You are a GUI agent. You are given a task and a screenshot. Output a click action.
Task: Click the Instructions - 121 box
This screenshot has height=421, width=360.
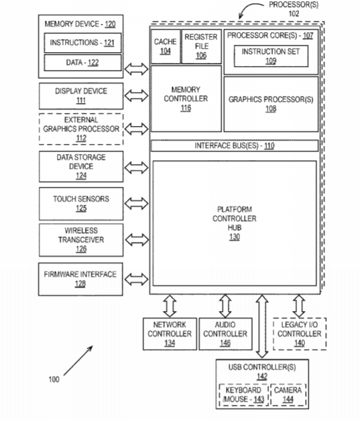(82, 43)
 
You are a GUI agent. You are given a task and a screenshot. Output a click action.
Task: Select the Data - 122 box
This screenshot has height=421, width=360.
(82, 62)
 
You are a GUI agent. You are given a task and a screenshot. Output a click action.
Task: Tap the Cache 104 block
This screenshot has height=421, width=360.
(166, 46)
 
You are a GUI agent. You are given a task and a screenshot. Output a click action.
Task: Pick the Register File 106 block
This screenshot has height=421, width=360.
(201, 46)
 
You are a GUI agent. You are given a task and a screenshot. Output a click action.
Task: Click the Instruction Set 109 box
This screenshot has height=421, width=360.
(271, 56)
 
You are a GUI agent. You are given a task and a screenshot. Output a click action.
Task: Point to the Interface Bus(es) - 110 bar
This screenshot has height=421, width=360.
(235, 145)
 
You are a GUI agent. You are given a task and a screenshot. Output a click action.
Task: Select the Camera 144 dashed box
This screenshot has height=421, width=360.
(288, 395)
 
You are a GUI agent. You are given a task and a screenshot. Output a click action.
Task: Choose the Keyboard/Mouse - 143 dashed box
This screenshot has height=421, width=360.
(243, 395)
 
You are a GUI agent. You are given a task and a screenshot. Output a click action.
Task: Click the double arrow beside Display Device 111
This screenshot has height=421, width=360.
(136, 96)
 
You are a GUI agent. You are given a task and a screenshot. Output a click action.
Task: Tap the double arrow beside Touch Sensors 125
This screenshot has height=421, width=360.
(136, 203)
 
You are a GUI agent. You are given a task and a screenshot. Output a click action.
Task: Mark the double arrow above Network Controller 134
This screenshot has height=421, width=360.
(170, 306)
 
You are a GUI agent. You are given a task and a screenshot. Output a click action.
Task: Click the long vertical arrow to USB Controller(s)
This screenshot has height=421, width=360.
(262, 326)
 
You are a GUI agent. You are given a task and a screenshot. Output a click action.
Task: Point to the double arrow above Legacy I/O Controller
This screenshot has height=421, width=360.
(299, 306)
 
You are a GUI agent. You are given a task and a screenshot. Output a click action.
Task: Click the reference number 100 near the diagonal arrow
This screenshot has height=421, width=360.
(54, 379)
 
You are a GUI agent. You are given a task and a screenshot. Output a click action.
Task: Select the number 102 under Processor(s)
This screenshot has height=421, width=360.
(294, 13)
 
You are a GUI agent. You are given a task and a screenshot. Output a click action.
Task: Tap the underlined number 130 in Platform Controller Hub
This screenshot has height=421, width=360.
(235, 237)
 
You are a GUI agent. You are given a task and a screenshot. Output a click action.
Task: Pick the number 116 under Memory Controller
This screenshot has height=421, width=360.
(186, 108)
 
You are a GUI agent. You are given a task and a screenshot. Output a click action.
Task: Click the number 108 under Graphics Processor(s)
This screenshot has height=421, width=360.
(271, 109)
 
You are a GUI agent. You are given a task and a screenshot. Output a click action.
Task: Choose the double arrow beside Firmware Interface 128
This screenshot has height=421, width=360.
(136, 280)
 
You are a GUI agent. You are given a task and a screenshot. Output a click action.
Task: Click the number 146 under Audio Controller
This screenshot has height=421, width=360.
(225, 343)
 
